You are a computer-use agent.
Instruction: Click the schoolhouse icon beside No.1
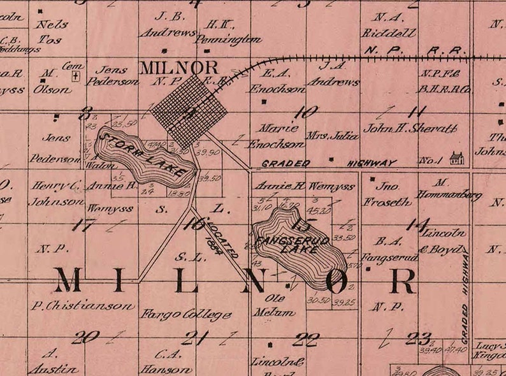coord(456,157)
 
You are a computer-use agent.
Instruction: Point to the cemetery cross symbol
coord(76,76)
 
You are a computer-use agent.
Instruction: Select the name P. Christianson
coord(83,305)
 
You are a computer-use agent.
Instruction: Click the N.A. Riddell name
coord(388,25)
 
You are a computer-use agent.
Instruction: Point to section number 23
coord(418,338)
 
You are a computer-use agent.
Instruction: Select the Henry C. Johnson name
coord(59,194)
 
